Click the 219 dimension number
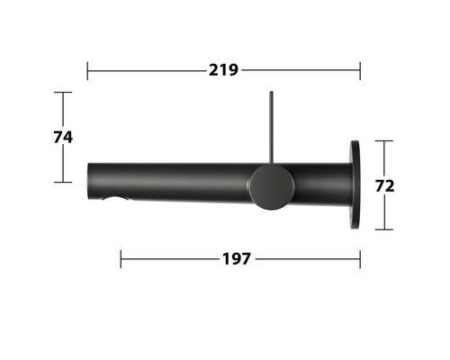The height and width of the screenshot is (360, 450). [x=223, y=70]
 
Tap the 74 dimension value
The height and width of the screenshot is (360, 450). [x=61, y=137]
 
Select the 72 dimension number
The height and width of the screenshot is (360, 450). [x=384, y=185]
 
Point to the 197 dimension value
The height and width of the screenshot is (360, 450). [x=236, y=259]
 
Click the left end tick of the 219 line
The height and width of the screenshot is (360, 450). [x=87, y=70]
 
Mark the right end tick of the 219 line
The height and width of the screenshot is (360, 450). [x=360, y=70]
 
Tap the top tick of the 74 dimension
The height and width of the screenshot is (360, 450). [x=62, y=92]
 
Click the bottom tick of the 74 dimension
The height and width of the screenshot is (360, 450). [x=62, y=182]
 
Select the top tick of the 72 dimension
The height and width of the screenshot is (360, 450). [x=384, y=140]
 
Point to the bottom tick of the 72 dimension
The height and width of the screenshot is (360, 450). [x=384, y=229]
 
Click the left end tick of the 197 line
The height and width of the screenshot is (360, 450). [x=121, y=259]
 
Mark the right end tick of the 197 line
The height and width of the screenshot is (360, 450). [x=360, y=259]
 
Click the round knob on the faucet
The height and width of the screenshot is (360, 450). [x=271, y=186]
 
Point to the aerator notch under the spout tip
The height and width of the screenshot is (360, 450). [x=115, y=198]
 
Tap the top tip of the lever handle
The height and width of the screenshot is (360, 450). [x=270, y=94]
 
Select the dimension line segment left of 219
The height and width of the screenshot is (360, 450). [x=144, y=70]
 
